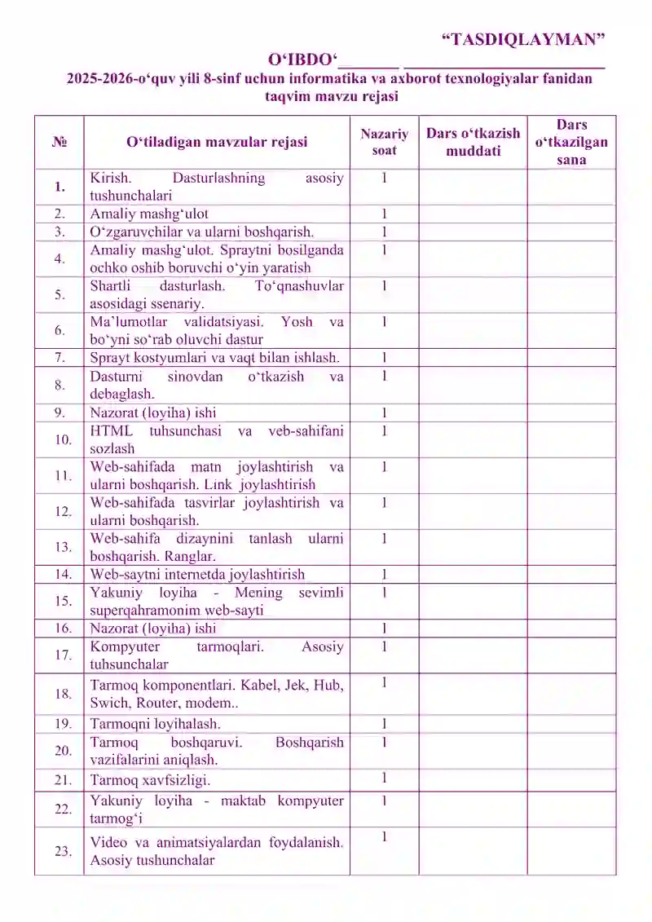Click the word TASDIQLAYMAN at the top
(523, 38)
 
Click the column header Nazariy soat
(384, 142)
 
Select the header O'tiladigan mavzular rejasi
(217, 142)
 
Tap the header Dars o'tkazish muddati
(473, 142)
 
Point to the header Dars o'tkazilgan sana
(571, 142)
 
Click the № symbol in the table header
(59, 142)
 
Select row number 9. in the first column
(59, 412)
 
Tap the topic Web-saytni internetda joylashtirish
(197, 574)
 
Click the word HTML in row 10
(108, 431)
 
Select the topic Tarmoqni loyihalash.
(155, 723)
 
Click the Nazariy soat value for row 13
(384, 539)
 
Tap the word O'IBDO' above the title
(302, 60)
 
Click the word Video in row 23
(108, 842)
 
